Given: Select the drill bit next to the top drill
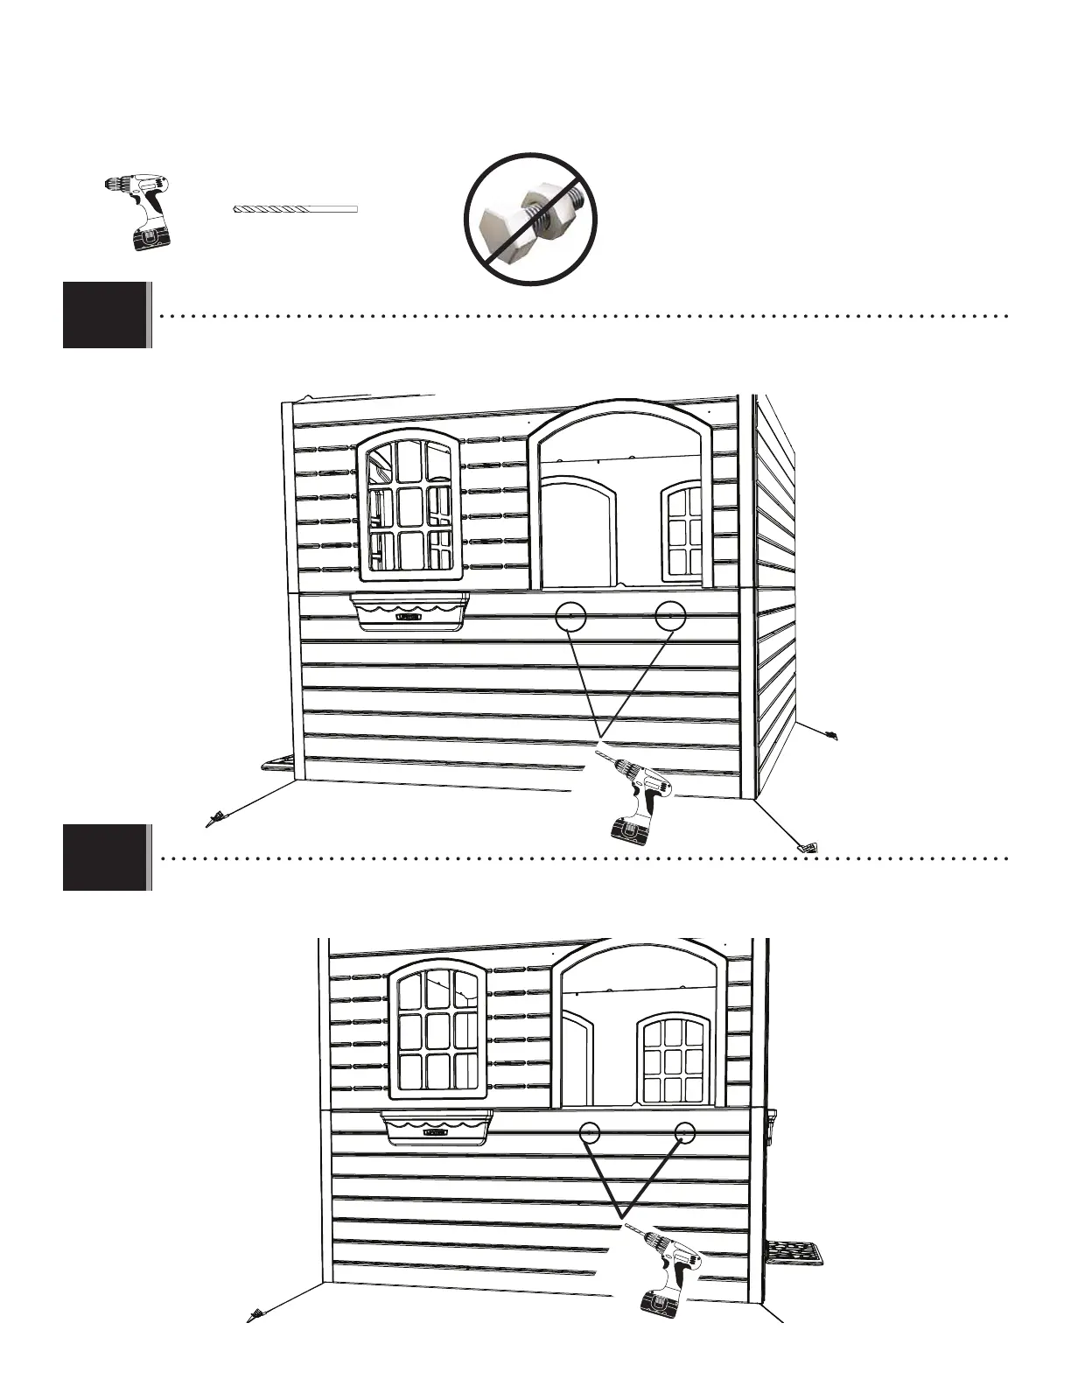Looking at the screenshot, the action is pyautogui.click(x=297, y=209).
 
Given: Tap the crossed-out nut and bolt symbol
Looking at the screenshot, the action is pyautogui.click(x=532, y=218).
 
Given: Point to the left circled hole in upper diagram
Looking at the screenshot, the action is pyautogui.click(x=570, y=616).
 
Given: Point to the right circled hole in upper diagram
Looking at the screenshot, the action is pyautogui.click(x=670, y=616).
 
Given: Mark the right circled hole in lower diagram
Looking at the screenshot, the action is pyautogui.click(x=685, y=1133).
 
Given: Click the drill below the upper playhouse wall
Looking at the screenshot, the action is pyautogui.click(x=637, y=797).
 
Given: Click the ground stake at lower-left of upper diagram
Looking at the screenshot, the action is pyautogui.click(x=213, y=819).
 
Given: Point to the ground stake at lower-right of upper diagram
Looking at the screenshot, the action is pyautogui.click(x=806, y=846).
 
